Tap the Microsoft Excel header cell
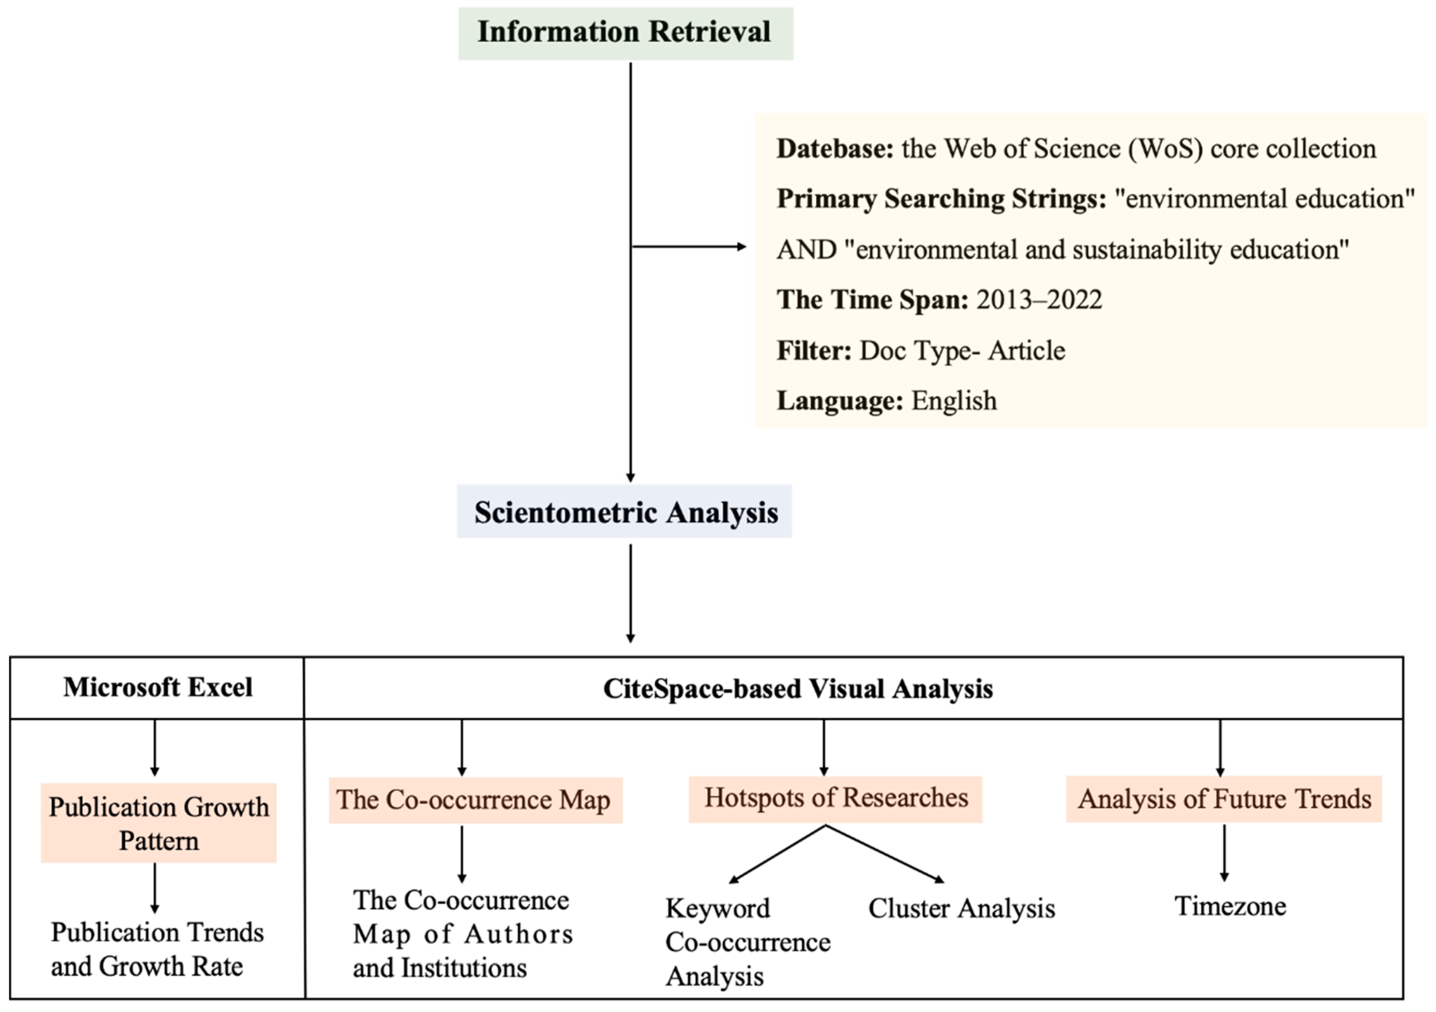pyautogui.click(x=158, y=688)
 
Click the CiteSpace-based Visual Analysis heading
pyautogui.click(x=797, y=689)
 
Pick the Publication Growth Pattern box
pyautogui.click(x=159, y=823)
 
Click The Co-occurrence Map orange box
pyautogui.click(x=475, y=800)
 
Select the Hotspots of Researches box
pyautogui.click(x=836, y=799)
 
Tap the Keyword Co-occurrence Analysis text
pyautogui.click(x=747, y=943)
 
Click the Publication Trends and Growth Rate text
pyautogui.click(x=156, y=949)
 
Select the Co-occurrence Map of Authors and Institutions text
pyautogui.click(x=463, y=934)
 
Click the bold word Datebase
pyautogui.click(x=835, y=149)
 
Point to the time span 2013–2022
pyautogui.click(x=1039, y=300)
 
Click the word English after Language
pyautogui.click(x=954, y=401)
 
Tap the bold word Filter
pyautogui.click(x=814, y=351)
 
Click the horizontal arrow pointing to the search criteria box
pyautogui.click(x=688, y=247)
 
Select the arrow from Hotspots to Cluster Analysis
pyautogui.click(x=885, y=854)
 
